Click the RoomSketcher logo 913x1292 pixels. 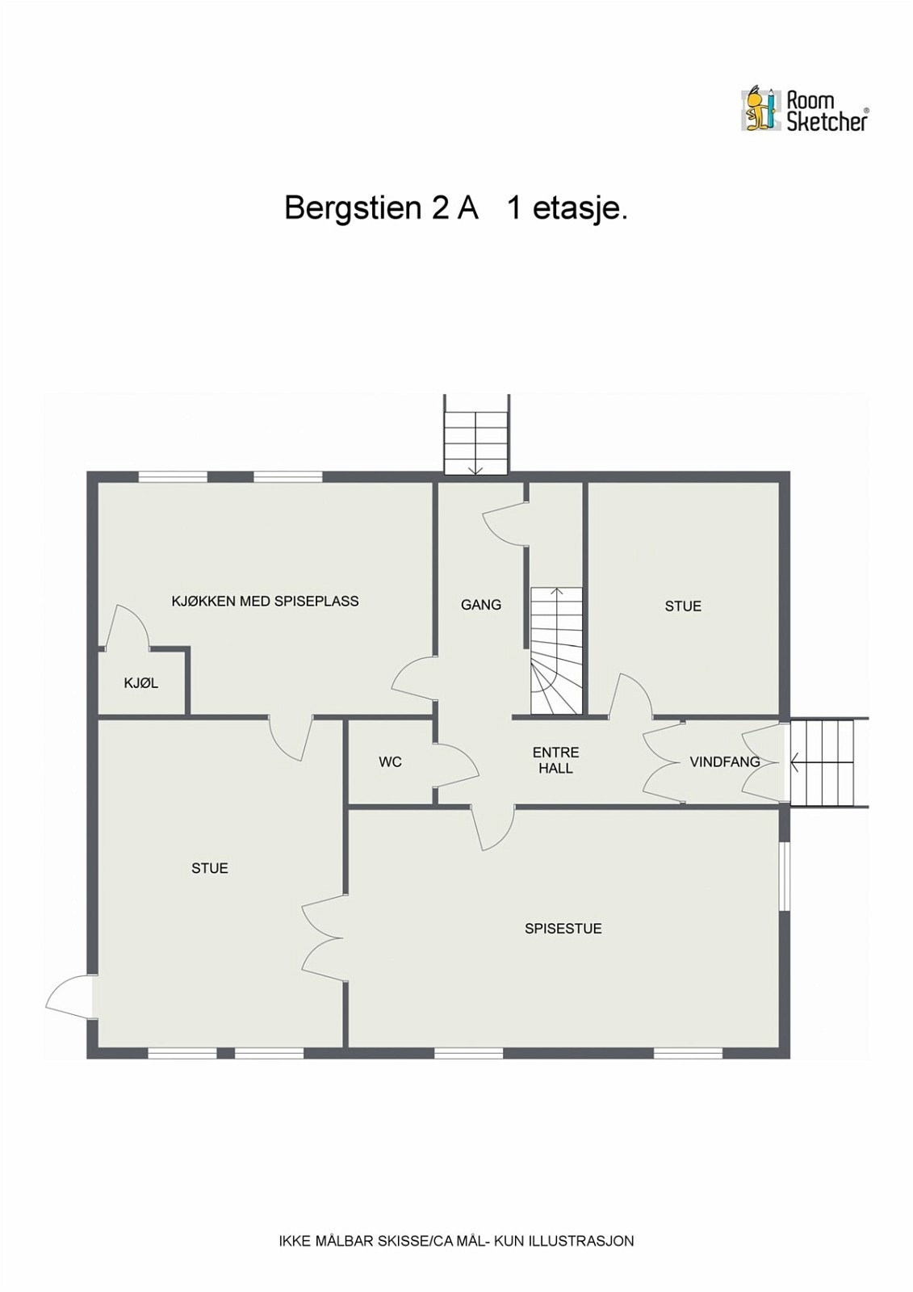click(x=805, y=110)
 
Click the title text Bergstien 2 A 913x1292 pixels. click(x=381, y=208)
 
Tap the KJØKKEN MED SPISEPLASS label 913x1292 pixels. click(x=265, y=601)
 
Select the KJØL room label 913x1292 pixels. click(x=141, y=683)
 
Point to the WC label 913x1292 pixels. click(x=390, y=762)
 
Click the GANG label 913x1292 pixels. click(x=481, y=605)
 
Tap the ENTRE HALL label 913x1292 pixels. click(x=555, y=761)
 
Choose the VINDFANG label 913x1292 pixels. click(x=724, y=761)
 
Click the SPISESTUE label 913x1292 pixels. click(x=563, y=929)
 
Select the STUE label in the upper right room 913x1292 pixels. click(x=683, y=606)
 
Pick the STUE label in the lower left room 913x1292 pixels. click(x=210, y=869)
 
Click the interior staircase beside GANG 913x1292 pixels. click(x=556, y=650)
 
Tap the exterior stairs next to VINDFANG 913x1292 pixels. click(x=823, y=761)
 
